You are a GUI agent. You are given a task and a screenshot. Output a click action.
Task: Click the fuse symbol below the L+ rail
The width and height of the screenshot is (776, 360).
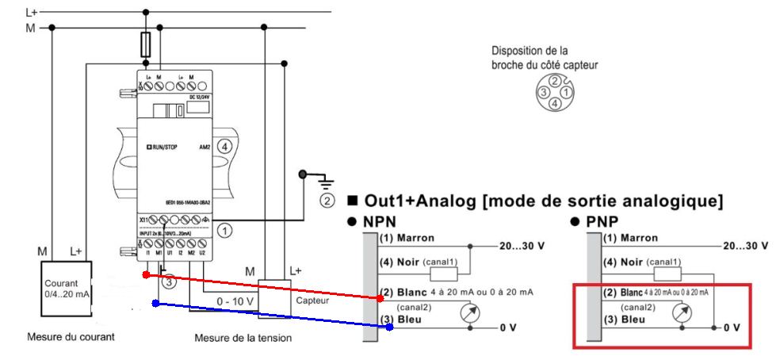(x=145, y=45)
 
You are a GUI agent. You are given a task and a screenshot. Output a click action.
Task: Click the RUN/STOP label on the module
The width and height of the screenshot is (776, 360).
(x=163, y=147)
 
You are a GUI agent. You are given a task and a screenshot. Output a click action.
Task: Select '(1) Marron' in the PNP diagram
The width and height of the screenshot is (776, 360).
(x=630, y=238)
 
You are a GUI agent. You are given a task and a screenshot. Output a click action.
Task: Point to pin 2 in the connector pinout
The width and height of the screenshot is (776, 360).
(x=556, y=81)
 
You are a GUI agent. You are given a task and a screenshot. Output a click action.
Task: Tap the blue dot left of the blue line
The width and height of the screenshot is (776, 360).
(x=155, y=303)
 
